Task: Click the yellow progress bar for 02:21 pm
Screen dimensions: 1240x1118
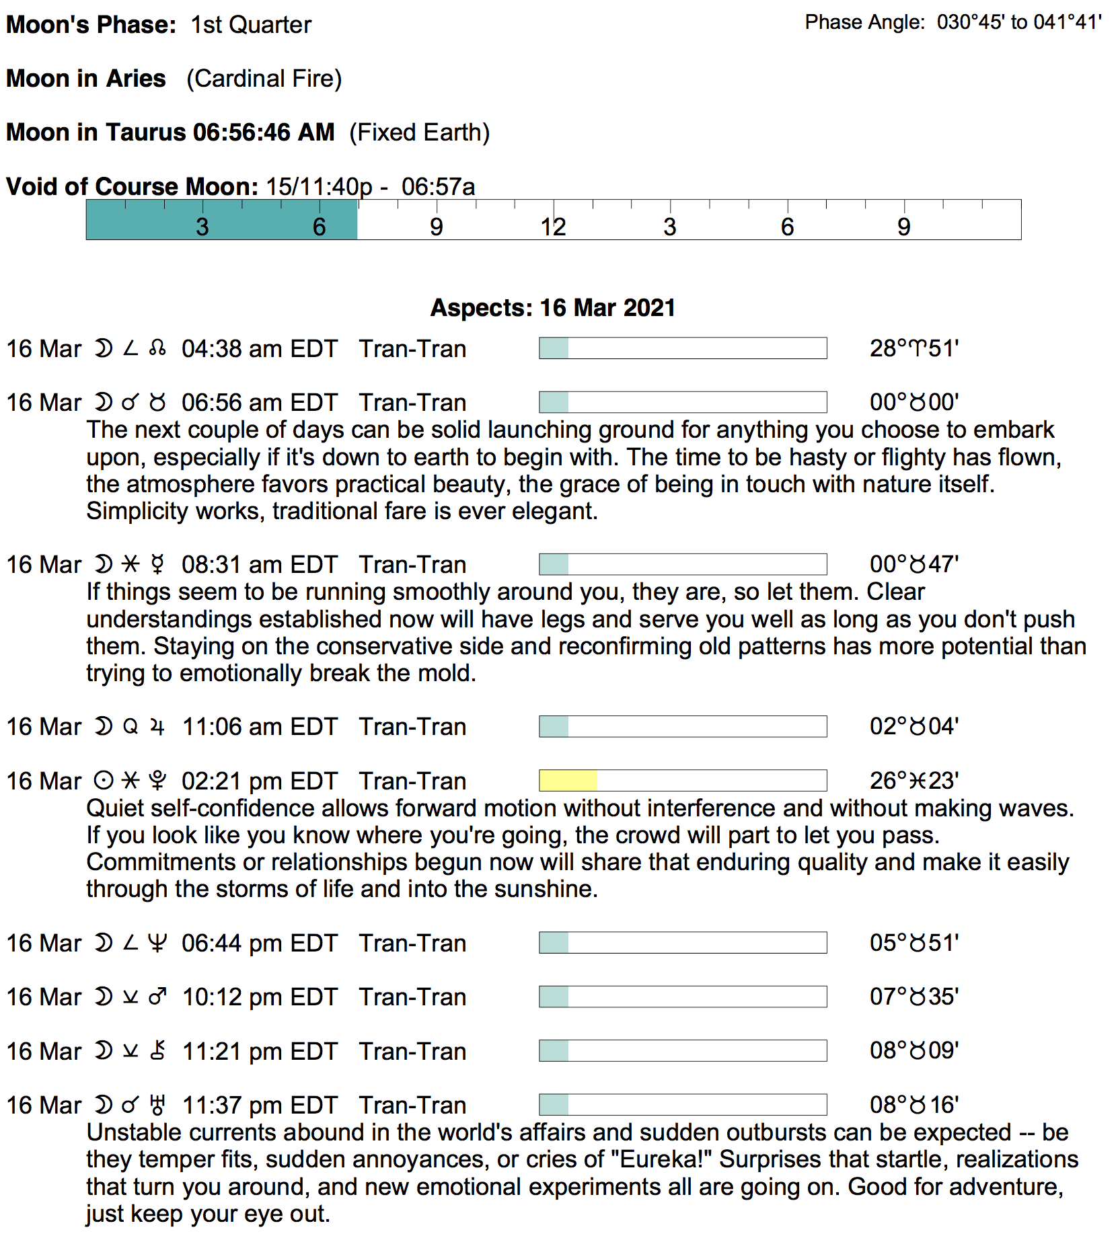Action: click(568, 780)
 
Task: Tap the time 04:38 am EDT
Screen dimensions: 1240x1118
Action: click(259, 349)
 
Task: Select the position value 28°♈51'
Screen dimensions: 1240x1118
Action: click(914, 348)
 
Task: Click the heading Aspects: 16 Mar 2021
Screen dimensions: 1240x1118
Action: click(552, 307)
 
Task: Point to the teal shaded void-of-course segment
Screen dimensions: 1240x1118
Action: click(221, 220)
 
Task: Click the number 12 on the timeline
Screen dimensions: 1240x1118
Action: click(553, 227)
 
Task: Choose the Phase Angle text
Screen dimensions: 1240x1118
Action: click(953, 22)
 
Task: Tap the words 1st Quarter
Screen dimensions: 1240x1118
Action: click(251, 25)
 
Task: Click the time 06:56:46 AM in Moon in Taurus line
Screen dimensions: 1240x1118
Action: click(264, 132)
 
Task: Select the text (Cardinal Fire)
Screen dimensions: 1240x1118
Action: click(264, 79)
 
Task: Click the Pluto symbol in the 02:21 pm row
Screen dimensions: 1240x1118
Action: click(157, 781)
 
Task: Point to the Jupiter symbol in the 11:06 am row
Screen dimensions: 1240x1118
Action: click(157, 727)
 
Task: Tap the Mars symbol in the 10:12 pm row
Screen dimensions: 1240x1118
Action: click(157, 997)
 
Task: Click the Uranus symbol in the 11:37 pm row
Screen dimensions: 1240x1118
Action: click(157, 1105)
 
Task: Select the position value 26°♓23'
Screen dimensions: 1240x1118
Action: click(914, 781)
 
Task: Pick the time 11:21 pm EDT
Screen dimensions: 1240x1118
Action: click(259, 1051)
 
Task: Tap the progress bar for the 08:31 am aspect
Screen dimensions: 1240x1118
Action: click(682, 564)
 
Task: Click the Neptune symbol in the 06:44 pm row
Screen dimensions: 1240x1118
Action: click(157, 943)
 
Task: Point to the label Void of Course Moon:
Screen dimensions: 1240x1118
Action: click(132, 186)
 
